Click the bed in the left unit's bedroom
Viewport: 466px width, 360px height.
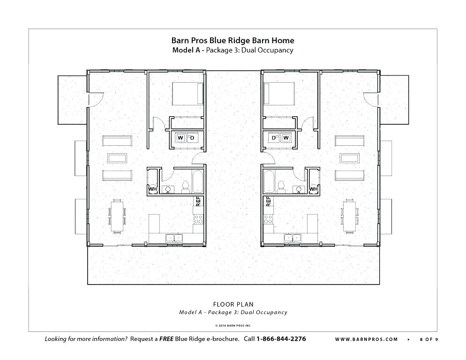188,93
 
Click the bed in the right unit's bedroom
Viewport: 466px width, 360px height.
279,93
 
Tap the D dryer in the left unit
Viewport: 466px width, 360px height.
192,137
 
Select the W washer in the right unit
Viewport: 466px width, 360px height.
286,137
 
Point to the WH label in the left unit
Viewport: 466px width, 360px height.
152,189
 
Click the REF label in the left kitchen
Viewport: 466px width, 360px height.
198,202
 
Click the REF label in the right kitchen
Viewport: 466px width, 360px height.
268,202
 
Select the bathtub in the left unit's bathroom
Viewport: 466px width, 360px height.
197,182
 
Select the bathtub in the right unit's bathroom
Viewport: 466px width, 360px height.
269,182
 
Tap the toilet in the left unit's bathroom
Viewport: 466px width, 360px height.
185,187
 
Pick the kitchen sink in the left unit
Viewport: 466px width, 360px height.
173,238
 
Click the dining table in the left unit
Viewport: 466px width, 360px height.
117,215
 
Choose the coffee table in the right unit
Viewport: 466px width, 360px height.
349,157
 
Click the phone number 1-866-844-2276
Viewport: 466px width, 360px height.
281,339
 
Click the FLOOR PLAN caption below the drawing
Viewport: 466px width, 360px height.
233,304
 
